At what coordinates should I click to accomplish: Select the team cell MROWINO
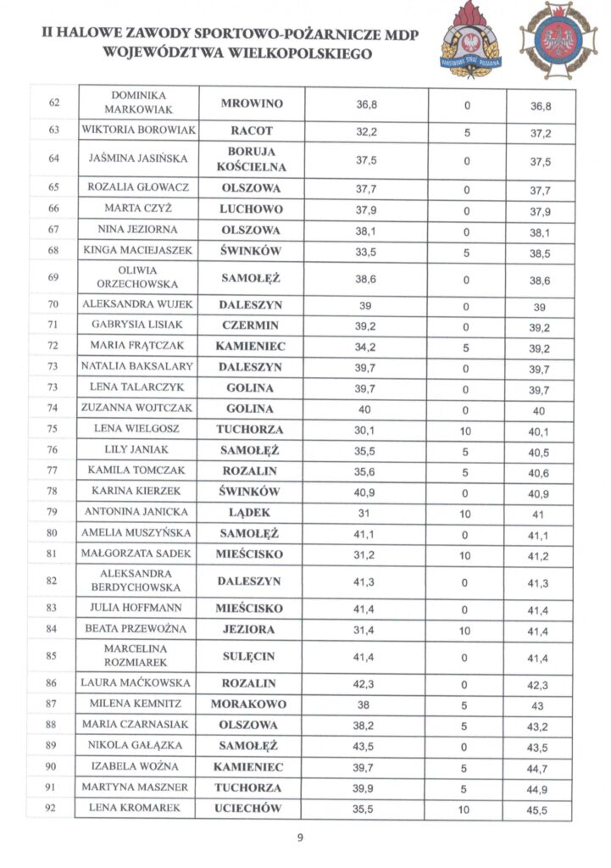pyautogui.click(x=251, y=103)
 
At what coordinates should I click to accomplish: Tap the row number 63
pyautogui.click(x=53, y=131)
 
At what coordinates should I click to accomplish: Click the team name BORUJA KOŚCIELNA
pyautogui.click(x=251, y=159)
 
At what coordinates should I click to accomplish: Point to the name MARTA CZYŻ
pyautogui.click(x=138, y=209)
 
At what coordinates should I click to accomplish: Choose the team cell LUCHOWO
pyautogui.click(x=251, y=209)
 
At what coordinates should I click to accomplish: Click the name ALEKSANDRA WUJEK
pyautogui.click(x=138, y=303)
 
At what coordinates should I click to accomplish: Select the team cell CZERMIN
pyautogui.click(x=251, y=325)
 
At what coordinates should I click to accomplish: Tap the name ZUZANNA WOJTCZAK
pyautogui.click(x=138, y=408)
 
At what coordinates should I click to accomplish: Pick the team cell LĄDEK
pyautogui.click(x=251, y=512)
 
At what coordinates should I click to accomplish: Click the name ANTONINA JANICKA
pyautogui.click(x=138, y=512)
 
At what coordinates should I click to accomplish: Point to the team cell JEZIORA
pyautogui.click(x=251, y=629)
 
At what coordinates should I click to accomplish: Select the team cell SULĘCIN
pyautogui.click(x=251, y=656)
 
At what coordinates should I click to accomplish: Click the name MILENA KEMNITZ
pyautogui.click(x=138, y=704)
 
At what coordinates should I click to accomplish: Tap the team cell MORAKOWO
pyautogui.click(x=251, y=704)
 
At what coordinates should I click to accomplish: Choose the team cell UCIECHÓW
pyautogui.click(x=251, y=808)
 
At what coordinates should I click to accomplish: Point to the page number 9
pyautogui.click(x=300, y=838)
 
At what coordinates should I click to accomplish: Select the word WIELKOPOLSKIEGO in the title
pyautogui.click(x=275, y=53)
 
